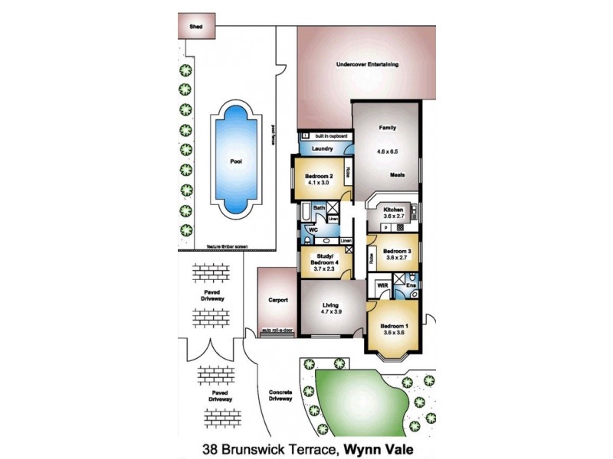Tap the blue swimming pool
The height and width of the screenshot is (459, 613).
pyautogui.click(x=236, y=162)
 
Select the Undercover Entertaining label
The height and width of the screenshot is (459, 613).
pyautogui.click(x=368, y=65)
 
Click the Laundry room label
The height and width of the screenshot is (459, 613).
pyautogui.click(x=322, y=148)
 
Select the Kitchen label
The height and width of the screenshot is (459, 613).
pyautogui.click(x=393, y=209)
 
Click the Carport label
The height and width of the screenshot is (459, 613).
pyautogui.click(x=277, y=300)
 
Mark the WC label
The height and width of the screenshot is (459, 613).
pyautogui.click(x=313, y=229)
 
